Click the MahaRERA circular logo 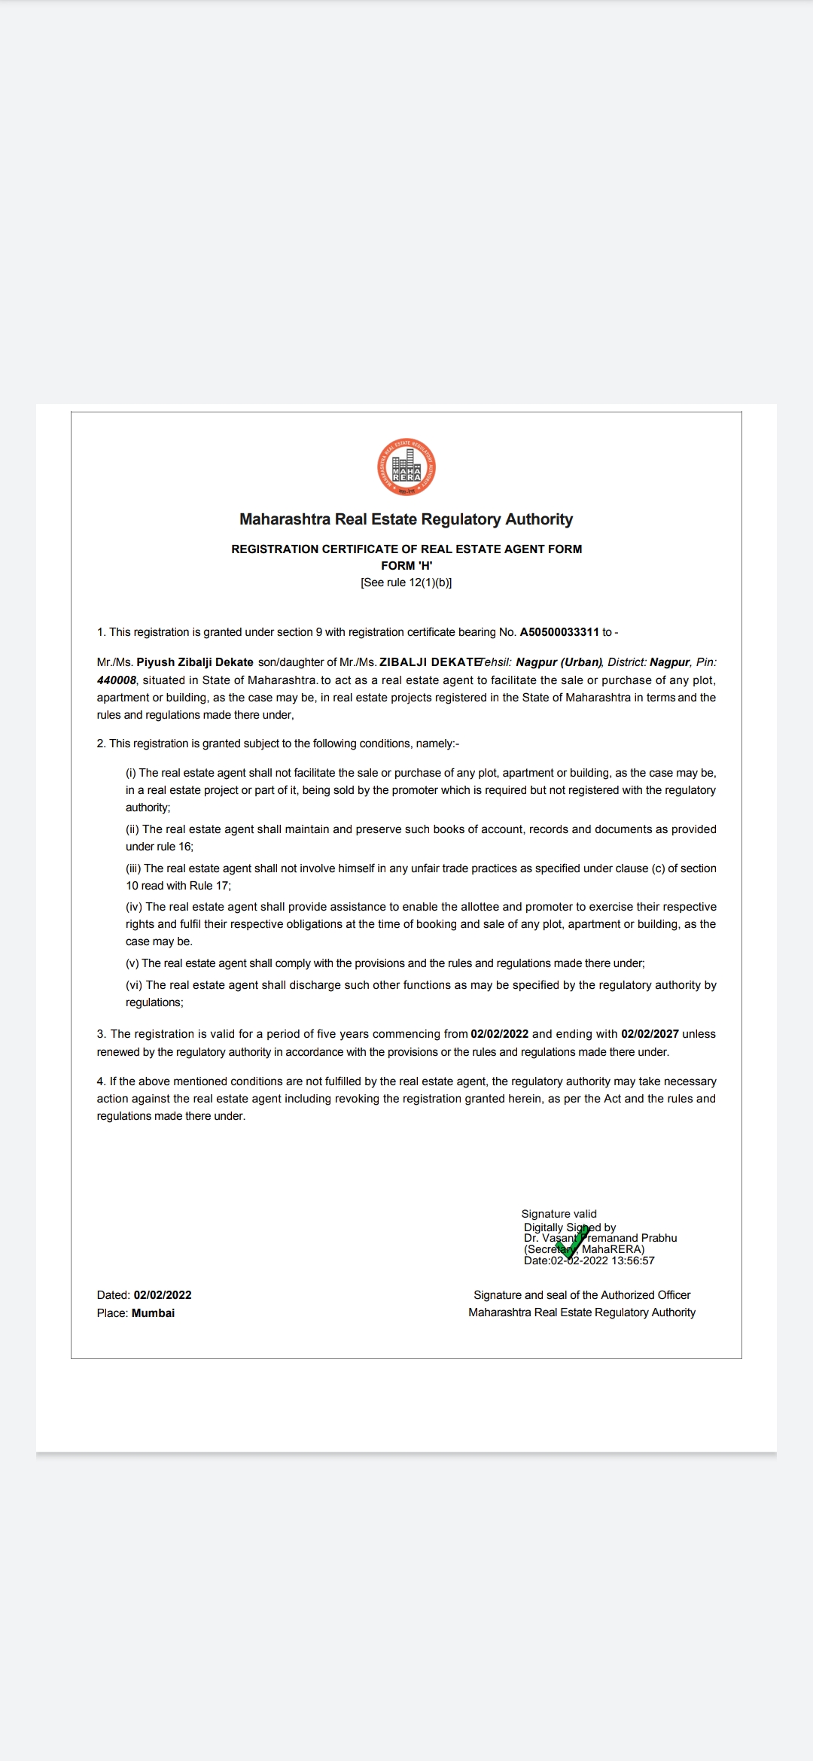click(x=406, y=467)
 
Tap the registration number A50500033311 click(x=559, y=632)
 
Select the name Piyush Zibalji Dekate click(x=195, y=662)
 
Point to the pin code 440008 click(x=117, y=680)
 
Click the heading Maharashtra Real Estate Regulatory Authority click(x=406, y=519)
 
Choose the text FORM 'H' click(x=406, y=566)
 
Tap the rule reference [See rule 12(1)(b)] click(x=406, y=582)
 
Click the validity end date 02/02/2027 click(x=650, y=1034)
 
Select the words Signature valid click(x=559, y=1214)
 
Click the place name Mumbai click(x=153, y=1313)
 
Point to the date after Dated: click(x=163, y=1295)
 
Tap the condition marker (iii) click(x=133, y=868)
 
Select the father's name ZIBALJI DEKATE click(x=430, y=662)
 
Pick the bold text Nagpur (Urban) click(x=559, y=662)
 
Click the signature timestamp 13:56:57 click(x=633, y=1261)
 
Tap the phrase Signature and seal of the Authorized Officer click(x=582, y=1295)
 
